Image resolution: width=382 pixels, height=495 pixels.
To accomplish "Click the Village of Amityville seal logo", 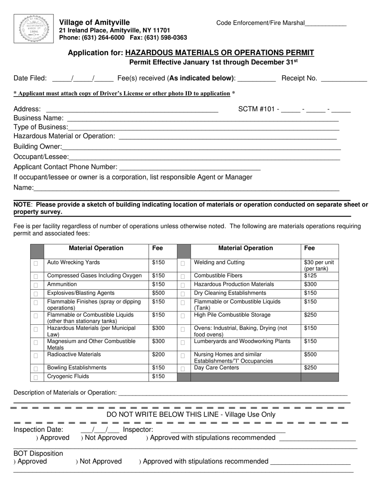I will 34,29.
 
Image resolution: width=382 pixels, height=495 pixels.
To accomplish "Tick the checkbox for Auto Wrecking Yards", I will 36,264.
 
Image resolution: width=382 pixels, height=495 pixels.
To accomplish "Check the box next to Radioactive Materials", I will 36,356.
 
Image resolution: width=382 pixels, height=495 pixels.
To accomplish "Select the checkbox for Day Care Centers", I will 183,369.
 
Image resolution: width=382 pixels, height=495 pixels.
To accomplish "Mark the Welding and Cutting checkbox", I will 183,264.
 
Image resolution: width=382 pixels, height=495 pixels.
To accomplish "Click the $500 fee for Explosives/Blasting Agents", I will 158,293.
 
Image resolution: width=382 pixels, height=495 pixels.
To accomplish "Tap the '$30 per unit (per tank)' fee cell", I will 319,266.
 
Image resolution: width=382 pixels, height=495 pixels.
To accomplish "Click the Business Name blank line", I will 203,120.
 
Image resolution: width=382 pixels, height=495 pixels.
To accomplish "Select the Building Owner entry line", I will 201,148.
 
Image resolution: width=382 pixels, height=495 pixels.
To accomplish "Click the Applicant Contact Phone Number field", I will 190,169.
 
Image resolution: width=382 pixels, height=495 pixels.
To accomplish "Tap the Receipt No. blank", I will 345,80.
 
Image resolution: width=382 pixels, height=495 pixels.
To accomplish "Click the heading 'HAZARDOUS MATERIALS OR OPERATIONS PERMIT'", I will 220,53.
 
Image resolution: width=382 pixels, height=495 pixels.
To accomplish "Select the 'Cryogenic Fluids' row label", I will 68,377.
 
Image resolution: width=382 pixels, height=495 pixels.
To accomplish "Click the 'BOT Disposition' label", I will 38,454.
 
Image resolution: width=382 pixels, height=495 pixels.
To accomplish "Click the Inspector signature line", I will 228,431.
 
